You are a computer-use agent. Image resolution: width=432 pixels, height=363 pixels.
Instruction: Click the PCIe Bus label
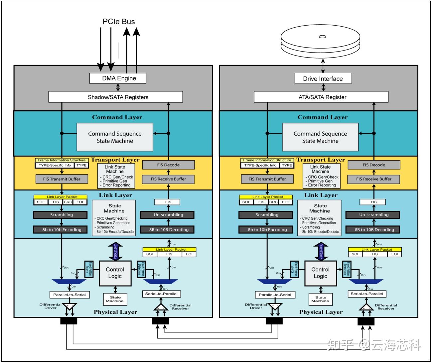pyautogui.click(x=119, y=22)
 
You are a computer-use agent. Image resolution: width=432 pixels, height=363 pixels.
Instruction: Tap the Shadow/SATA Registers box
pyautogui.click(x=116, y=97)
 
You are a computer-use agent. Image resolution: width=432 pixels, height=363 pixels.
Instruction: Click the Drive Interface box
pyautogui.click(x=323, y=79)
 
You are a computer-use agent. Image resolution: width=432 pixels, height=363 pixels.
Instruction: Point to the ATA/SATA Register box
pyautogui.click(x=321, y=97)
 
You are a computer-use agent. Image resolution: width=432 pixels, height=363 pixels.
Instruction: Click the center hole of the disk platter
pyautogui.click(x=322, y=37)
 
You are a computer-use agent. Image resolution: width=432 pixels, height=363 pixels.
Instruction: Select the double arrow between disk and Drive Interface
pyautogui.click(x=323, y=65)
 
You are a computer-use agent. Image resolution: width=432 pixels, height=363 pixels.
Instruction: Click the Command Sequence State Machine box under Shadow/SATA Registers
pyautogui.click(x=115, y=137)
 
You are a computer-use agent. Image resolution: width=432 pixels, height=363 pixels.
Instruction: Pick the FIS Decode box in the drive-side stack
pyautogui.click(x=374, y=165)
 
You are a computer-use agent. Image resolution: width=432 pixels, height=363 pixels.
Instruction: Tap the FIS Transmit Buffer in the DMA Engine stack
pyautogui.click(x=62, y=179)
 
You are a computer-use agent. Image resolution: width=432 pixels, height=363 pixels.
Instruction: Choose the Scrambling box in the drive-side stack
pyautogui.click(x=267, y=215)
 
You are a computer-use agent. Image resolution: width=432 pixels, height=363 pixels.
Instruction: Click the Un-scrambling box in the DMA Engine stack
pyautogui.click(x=168, y=215)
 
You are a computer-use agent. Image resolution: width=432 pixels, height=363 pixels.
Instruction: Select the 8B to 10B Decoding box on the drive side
pyautogui.click(x=374, y=229)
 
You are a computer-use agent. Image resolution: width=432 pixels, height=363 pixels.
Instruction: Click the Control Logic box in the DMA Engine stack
pyautogui.click(x=115, y=273)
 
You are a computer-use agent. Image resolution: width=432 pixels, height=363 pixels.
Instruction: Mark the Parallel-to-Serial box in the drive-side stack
pyautogui.click(x=275, y=295)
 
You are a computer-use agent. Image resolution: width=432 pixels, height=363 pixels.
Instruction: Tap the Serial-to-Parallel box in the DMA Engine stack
pyautogui.click(x=161, y=294)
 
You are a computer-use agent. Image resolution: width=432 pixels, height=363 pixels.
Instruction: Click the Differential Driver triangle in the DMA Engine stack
pyautogui.click(x=70, y=307)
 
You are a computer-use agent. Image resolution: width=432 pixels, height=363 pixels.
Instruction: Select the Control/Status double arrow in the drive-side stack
pyautogui.click(x=321, y=251)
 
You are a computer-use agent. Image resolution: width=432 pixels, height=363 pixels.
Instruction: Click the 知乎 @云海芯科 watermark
pyautogui.click(x=374, y=345)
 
